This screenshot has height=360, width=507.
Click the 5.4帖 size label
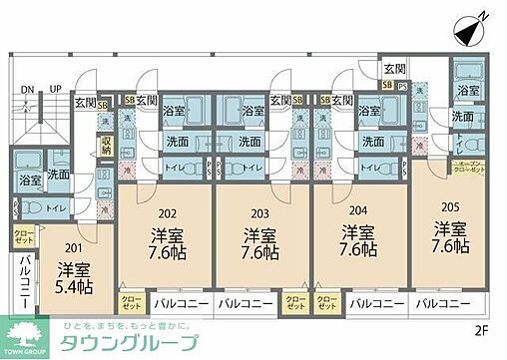(73, 288)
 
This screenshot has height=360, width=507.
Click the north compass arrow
(473, 30)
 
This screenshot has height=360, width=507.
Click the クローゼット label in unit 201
(22, 237)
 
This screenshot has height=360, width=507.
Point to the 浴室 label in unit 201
(30, 181)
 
